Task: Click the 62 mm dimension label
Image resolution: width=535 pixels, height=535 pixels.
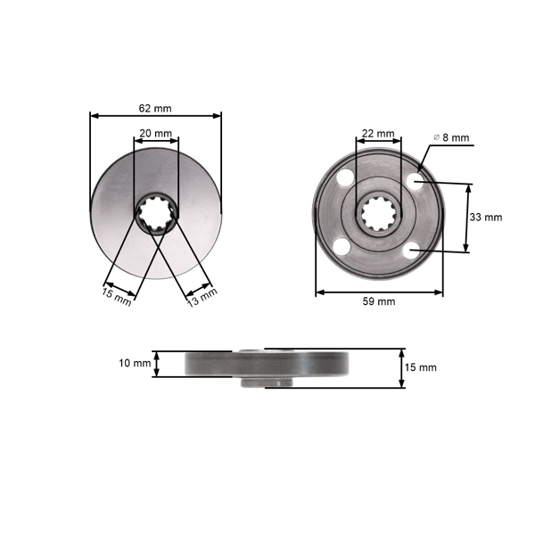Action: coord(155,108)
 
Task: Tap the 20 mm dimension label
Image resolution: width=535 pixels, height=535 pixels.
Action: coord(156,133)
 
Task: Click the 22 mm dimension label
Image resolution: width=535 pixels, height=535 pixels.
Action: coord(378,133)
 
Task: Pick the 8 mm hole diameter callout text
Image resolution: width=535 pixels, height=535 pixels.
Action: coord(455,137)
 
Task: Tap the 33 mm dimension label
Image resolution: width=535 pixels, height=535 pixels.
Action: coord(486,217)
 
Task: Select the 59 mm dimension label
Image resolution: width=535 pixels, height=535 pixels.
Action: coord(378,301)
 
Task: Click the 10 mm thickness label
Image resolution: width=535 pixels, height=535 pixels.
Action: coord(135,363)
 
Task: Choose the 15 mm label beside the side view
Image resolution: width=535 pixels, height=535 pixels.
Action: coord(421,366)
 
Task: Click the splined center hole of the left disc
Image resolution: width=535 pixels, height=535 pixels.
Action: coord(157,215)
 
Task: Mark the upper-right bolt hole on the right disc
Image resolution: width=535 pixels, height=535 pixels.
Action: coord(414,181)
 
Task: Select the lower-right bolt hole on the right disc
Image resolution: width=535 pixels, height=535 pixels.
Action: coord(412,252)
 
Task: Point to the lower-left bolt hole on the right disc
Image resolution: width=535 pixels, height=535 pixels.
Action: coord(342,247)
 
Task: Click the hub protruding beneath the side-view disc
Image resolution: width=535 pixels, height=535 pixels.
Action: coord(266,382)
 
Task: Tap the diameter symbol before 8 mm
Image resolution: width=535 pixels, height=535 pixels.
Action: coord(436,137)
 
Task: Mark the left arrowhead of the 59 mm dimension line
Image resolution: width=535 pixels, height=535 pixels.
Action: coord(318,292)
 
